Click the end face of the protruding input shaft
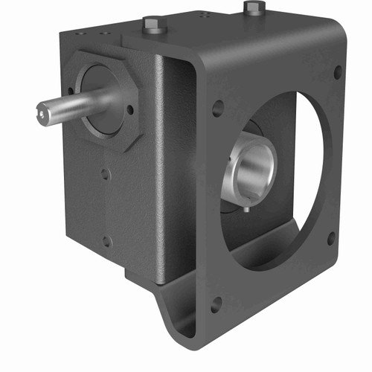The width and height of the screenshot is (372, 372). (x=45, y=113)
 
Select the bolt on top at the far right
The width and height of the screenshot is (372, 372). (x=254, y=8)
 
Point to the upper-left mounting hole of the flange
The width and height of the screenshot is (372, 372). (x=217, y=108)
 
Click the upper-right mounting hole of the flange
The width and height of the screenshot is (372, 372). (x=338, y=73)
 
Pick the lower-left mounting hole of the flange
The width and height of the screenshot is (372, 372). (x=217, y=304)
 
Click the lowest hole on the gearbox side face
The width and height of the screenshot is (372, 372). (x=106, y=241)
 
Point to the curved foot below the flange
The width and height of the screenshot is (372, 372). (x=170, y=316)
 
